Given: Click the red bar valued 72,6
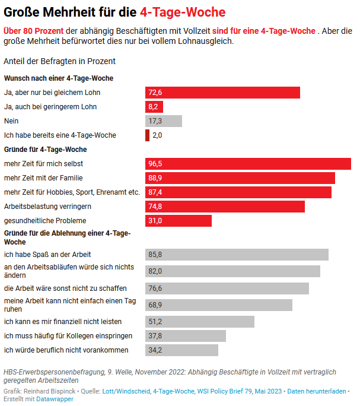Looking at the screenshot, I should (x=222, y=93).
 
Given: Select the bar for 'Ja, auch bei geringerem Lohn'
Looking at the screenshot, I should (x=154, y=107).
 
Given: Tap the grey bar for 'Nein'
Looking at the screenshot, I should (x=164, y=121).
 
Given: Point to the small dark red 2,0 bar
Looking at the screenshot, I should (x=147, y=135).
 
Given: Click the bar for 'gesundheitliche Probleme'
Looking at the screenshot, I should (x=179, y=221).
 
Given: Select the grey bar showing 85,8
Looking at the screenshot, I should (x=237, y=255).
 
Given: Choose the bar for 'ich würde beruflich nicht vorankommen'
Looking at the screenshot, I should (x=181, y=350).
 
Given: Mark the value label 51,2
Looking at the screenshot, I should (x=155, y=322).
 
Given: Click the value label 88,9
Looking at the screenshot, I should (x=155, y=178).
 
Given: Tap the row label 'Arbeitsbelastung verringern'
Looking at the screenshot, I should (x=47, y=207).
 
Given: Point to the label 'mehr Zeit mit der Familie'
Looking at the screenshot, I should (x=43, y=178).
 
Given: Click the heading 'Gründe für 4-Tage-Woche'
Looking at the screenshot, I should (x=46, y=149).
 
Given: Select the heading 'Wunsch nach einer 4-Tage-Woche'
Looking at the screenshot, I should (x=58, y=78).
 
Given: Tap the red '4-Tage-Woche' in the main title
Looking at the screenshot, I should (x=183, y=12).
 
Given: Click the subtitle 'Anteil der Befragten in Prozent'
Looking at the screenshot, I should (x=59, y=61).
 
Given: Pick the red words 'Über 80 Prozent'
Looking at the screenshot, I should (x=34, y=30).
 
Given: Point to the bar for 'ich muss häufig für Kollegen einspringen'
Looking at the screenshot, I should (x=186, y=336).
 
